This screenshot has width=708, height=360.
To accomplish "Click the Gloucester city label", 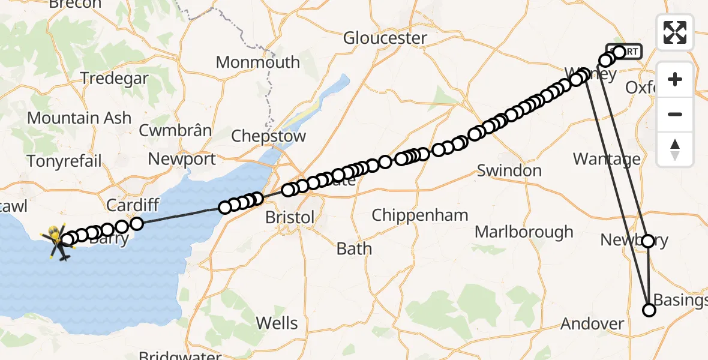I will tap(385, 38).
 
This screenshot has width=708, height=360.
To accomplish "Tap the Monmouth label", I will tap(257, 62).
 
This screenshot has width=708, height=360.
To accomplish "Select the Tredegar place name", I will tap(114, 78).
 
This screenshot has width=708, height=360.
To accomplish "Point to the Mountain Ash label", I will tap(79, 118).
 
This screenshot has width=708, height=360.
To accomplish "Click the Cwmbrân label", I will tap(175, 130).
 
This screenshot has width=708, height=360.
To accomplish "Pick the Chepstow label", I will tap(268, 136).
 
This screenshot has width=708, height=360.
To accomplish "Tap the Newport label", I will tap(182, 160).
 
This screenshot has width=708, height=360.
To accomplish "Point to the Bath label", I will tap(354, 248).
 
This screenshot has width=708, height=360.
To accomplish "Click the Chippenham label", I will tap(419, 215).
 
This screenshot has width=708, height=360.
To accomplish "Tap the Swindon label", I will tap(509, 171).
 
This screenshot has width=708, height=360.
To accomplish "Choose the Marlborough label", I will tap(524, 232).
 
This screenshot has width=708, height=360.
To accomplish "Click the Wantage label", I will tap(607, 159).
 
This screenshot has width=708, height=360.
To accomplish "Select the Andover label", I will tap(592, 324).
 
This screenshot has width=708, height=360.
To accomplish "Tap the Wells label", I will tap(277, 323).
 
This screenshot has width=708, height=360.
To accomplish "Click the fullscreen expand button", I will tap(675, 32).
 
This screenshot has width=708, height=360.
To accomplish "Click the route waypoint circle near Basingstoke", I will tap(649, 310).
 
